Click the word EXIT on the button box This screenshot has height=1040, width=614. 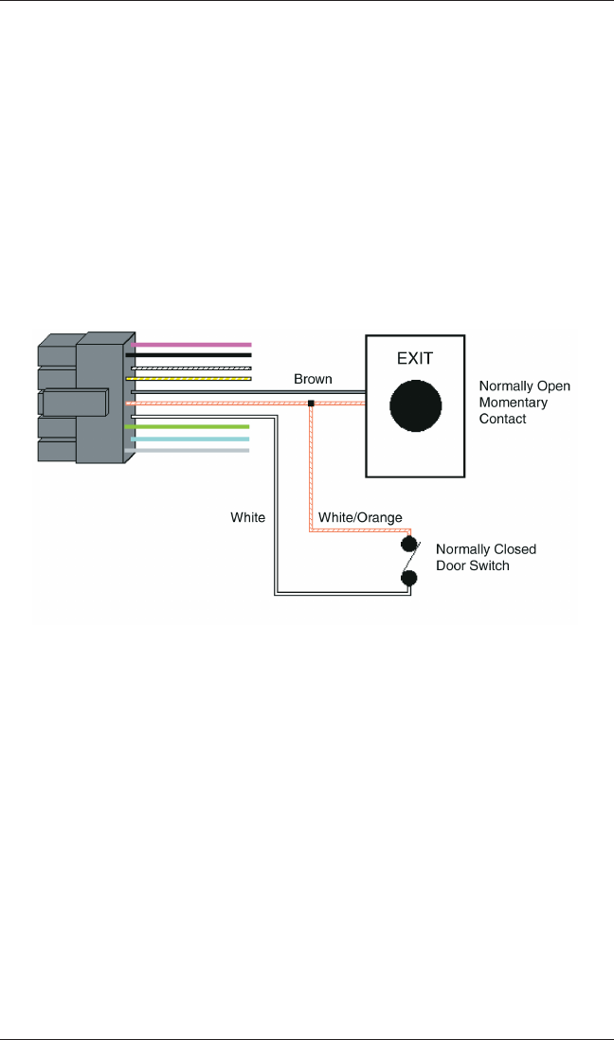(x=414, y=360)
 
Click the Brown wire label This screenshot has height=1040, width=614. (x=313, y=379)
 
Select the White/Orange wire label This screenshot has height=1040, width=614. (x=360, y=518)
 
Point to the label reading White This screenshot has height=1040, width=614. (x=248, y=518)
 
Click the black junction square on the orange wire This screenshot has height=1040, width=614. (x=311, y=404)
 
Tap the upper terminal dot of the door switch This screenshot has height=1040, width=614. (x=410, y=544)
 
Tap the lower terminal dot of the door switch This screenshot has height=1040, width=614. (x=410, y=578)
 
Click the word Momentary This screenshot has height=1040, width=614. (x=513, y=403)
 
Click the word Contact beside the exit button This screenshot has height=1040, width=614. (x=502, y=419)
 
